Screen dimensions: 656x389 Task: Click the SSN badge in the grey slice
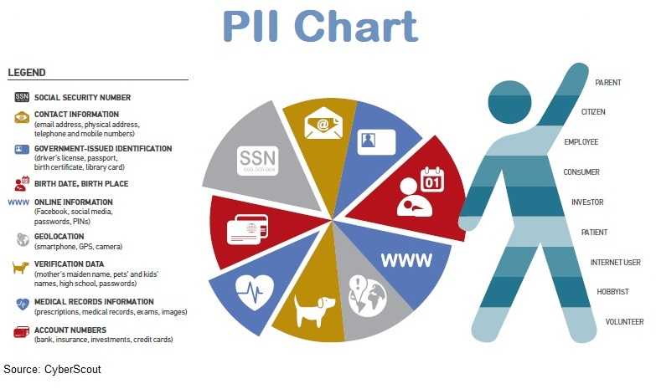257,161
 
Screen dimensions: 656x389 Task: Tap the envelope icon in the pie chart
323,123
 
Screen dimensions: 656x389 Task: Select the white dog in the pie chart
314,310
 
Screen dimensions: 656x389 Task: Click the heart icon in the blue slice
255,292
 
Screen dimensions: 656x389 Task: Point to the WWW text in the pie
406,260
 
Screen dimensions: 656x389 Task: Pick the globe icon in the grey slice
368,296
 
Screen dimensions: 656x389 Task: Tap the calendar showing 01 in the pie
432,180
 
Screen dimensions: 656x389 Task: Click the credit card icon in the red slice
247,229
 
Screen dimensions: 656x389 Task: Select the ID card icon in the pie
376,142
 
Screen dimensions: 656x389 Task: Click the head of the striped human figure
509,102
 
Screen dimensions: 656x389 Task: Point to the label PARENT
608,83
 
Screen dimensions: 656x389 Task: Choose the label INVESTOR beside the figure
587,202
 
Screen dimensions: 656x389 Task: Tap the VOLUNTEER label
624,322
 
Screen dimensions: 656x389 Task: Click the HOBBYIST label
613,292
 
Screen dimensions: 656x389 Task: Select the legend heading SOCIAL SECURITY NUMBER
82,98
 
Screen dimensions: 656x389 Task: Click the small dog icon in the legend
20,267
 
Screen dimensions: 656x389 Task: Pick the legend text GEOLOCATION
59,237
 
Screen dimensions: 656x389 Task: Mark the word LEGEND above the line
26,73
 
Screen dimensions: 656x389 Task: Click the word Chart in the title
356,26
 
